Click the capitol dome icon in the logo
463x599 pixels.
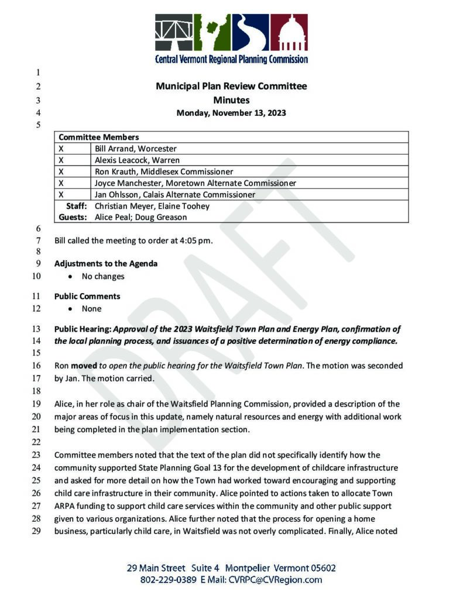click(x=289, y=34)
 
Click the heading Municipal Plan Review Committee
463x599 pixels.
click(x=231, y=87)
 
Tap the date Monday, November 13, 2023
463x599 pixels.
click(x=231, y=113)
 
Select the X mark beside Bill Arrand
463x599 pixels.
click(x=61, y=149)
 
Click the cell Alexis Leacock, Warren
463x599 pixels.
click(x=137, y=160)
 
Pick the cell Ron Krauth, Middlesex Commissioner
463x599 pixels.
click(x=164, y=172)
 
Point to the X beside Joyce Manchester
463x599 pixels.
click(x=61, y=183)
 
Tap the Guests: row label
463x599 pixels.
click(x=73, y=217)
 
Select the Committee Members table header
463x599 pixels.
click(x=98, y=137)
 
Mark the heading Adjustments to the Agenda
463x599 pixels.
click(x=106, y=263)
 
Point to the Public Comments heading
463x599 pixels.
click(x=87, y=296)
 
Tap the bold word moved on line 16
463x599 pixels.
click(x=84, y=366)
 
